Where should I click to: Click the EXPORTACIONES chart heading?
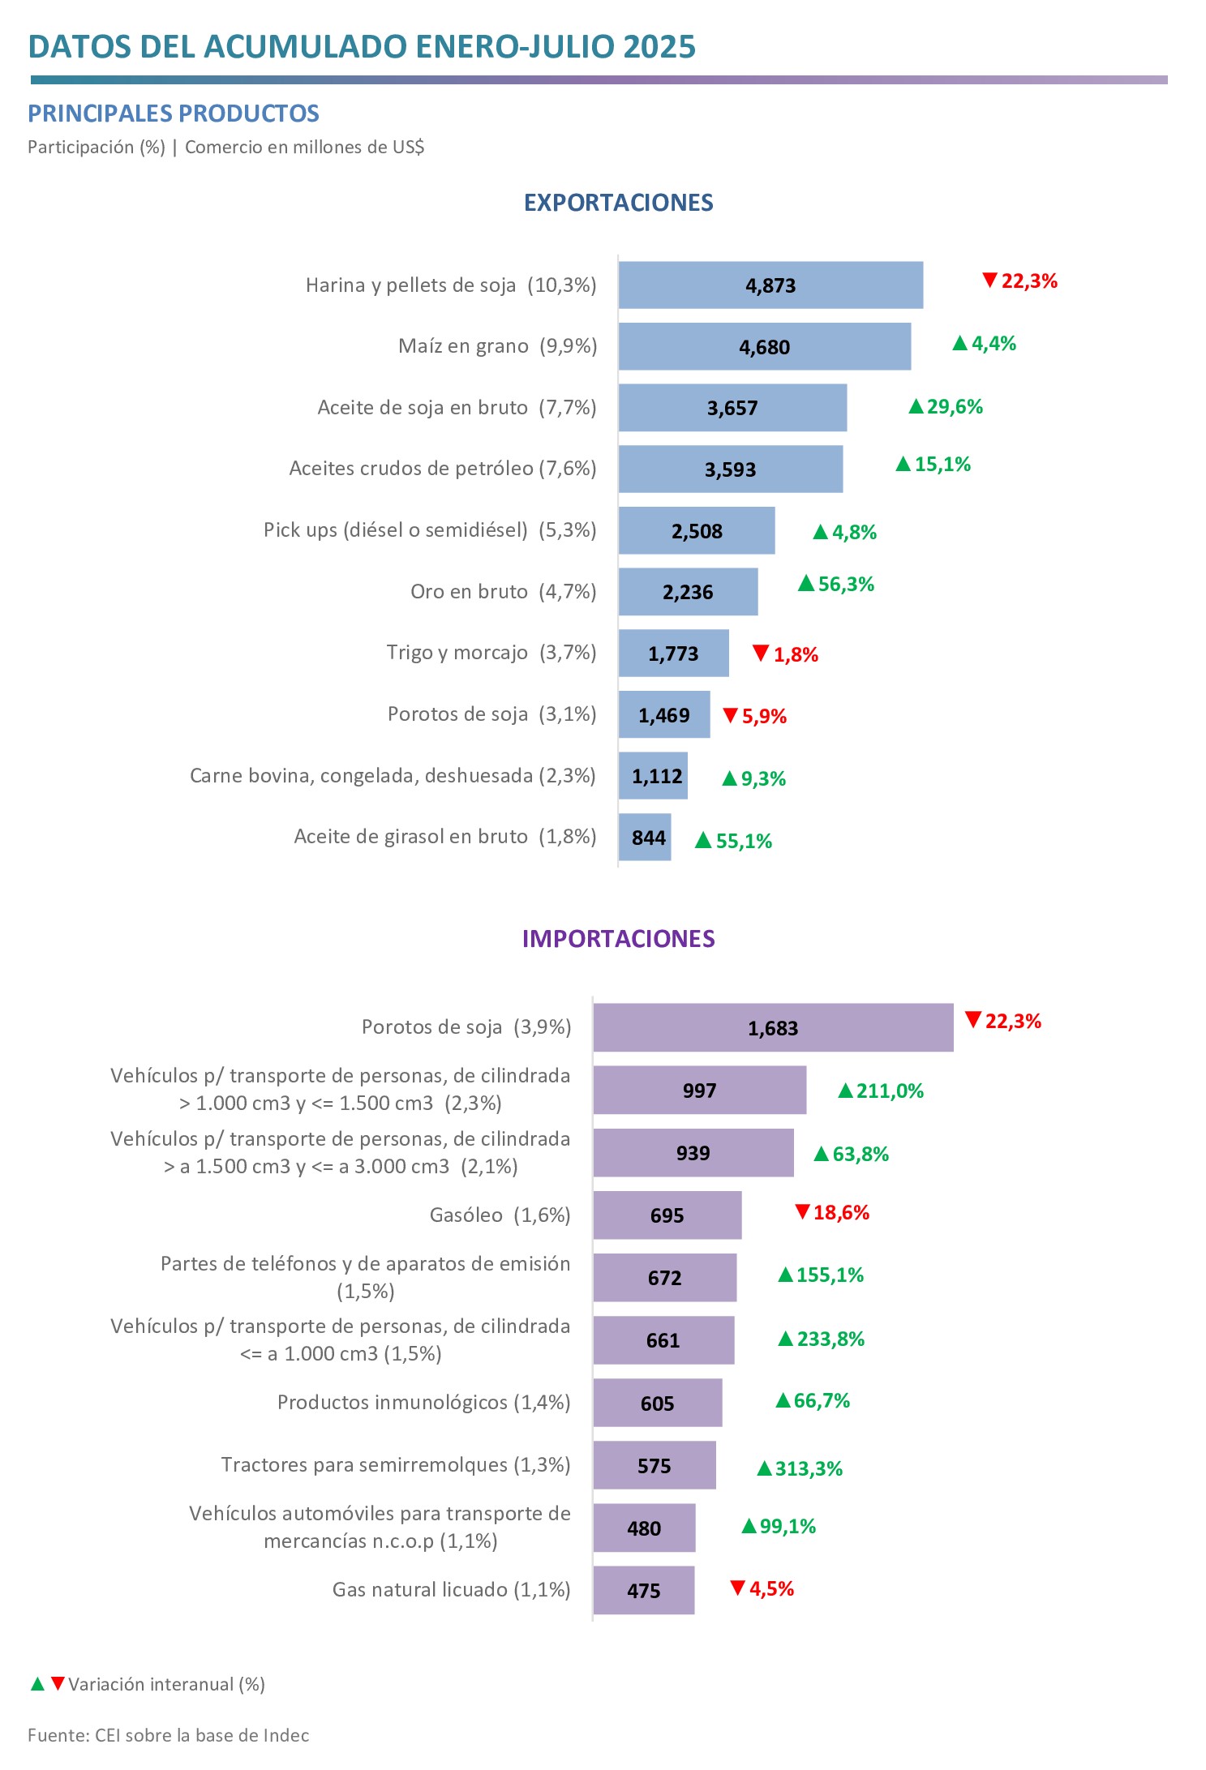click(x=618, y=203)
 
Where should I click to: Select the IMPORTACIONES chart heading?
click(x=618, y=939)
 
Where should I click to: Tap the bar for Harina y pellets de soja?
click(x=770, y=285)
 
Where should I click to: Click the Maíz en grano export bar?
click(x=764, y=347)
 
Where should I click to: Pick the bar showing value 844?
click(x=645, y=838)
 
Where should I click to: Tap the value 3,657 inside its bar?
click(x=732, y=409)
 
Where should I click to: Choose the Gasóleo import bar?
click(x=667, y=1215)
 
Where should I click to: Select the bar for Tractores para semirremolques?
click(x=654, y=1466)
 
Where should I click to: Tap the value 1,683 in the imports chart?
click(x=773, y=1029)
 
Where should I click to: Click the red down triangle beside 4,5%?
click(x=737, y=1588)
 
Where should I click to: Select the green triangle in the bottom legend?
click(x=37, y=1684)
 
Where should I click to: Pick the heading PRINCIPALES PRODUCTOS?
click(x=174, y=114)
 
